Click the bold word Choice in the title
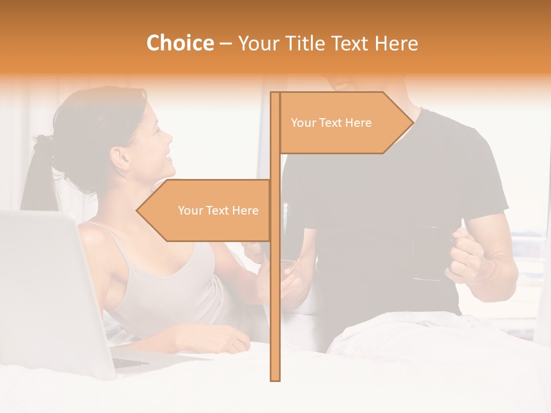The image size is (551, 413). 180,43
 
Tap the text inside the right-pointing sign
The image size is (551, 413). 331,123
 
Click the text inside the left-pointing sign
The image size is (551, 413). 218,211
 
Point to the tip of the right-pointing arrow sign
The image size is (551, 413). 413,122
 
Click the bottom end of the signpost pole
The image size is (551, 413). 275,379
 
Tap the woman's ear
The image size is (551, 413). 121,158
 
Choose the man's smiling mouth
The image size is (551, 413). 343,86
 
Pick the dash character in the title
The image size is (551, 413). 226,44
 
